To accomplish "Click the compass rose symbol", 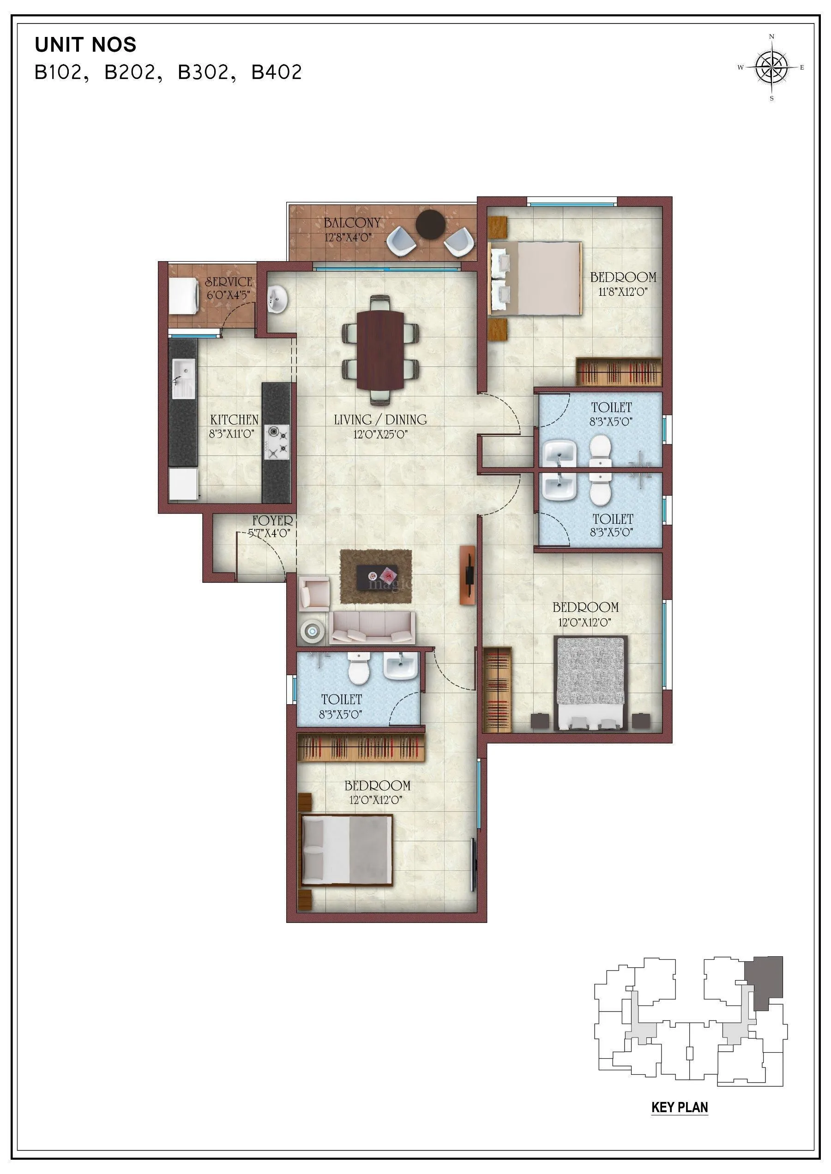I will point(771,67).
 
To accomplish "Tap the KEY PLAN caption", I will point(679,1107).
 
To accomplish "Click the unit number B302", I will point(203,72).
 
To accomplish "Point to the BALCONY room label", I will point(352,223).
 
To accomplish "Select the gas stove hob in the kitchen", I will point(277,442).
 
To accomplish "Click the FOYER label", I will point(272,521).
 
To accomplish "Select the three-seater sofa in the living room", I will point(372,628).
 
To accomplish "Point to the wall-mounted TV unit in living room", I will point(467,575).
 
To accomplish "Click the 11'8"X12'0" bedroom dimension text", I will point(623,292).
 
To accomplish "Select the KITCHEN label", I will point(234,419).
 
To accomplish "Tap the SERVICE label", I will point(228,282).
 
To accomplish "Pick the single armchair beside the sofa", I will point(313,593).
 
